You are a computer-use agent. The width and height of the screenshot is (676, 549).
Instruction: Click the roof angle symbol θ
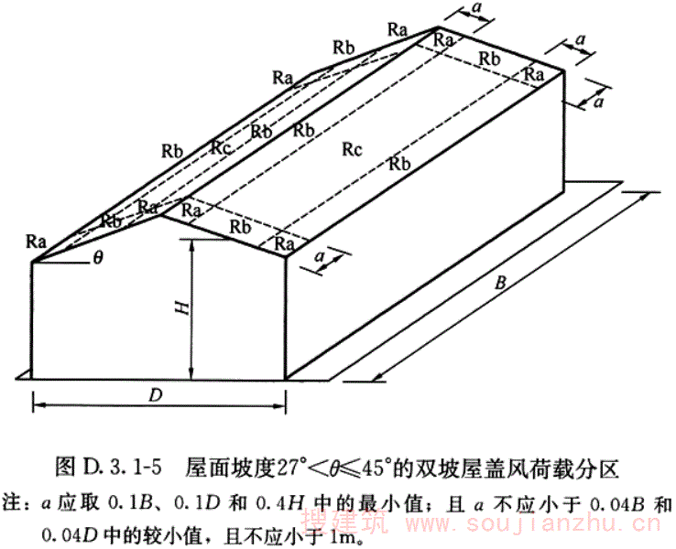(98, 258)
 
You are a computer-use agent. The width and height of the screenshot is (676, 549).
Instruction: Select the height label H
(182, 309)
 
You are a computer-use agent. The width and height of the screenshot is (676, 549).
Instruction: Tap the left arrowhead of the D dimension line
(37, 402)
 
